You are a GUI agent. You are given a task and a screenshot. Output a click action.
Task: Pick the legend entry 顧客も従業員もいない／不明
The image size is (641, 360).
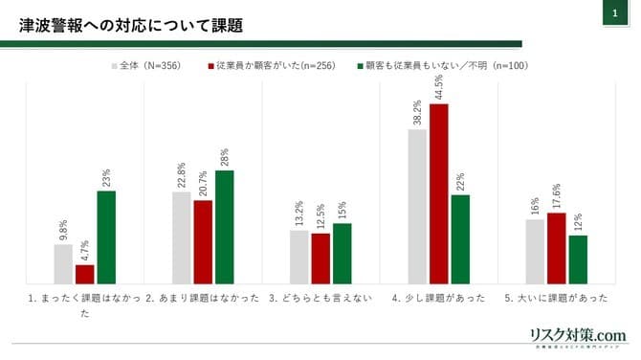[442, 66]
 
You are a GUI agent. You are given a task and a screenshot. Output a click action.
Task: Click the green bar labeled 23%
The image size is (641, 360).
[105, 236]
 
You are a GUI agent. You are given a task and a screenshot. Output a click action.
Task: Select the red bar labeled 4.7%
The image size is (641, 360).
[84, 273]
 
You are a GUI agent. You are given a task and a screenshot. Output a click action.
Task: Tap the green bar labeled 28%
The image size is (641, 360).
[224, 226]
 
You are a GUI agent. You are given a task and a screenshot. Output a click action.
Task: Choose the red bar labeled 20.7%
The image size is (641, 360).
[203, 241]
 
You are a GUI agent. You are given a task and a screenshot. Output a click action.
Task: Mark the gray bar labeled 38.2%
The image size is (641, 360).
[417, 206]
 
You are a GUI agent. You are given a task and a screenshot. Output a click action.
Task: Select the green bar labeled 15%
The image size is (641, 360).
[342, 253]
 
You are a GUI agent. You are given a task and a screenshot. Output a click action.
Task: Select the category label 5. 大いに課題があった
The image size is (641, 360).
[556, 298]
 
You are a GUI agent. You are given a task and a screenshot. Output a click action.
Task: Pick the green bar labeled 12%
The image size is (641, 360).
[578, 259]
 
